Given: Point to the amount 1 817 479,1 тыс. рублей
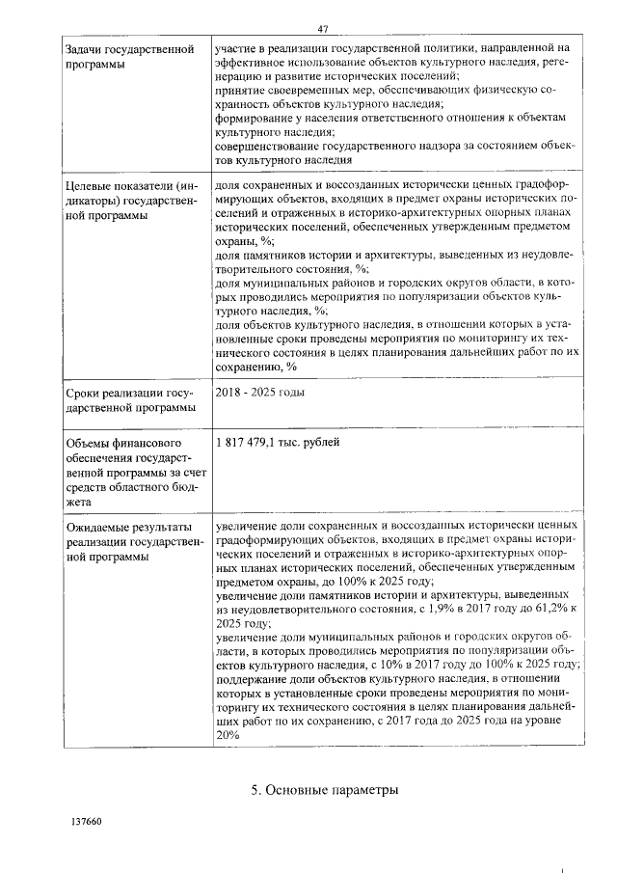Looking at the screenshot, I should click(278, 442).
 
